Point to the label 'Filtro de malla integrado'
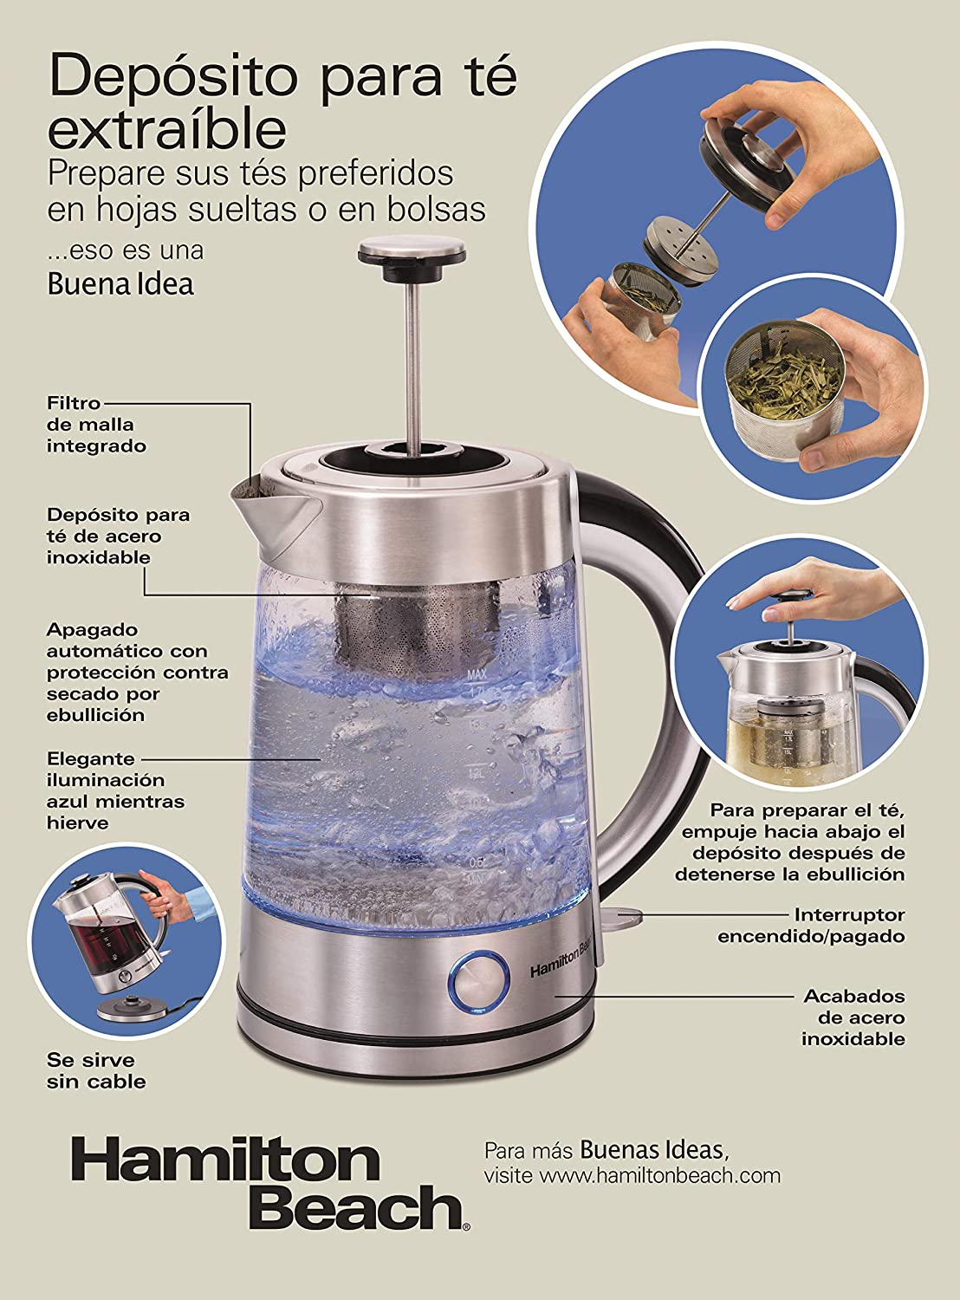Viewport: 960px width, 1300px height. click(x=96, y=425)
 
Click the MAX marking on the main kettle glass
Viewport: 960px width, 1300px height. click(x=477, y=674)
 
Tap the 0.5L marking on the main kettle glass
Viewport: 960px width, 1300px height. click(x=479, y=861)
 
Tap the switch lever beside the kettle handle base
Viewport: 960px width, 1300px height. click(x=620, y=915)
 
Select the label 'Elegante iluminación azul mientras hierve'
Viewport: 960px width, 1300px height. click(x=116, y=790)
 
